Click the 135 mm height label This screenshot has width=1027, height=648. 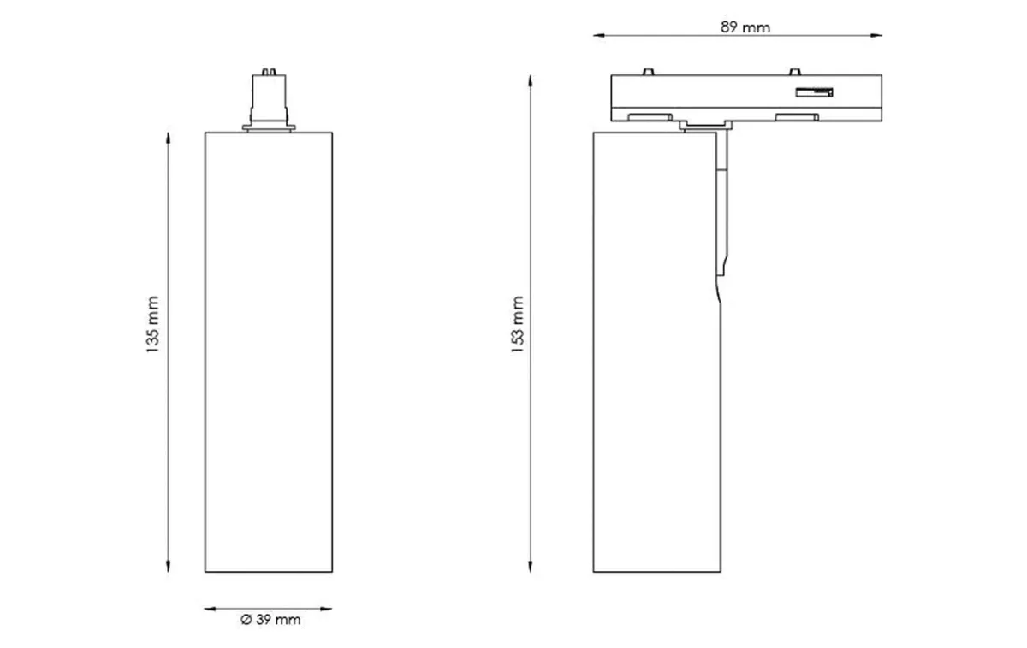click(x=153, y=326)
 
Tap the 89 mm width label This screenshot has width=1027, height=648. click(x=745, y=27)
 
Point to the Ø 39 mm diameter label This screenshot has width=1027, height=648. click(x=271, y=620)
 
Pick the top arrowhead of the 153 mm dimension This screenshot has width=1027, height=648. click(x=531, y=80)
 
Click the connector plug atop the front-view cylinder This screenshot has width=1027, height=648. click(x=268, y=96)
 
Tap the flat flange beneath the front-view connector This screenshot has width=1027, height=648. click(x=268, y=129)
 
